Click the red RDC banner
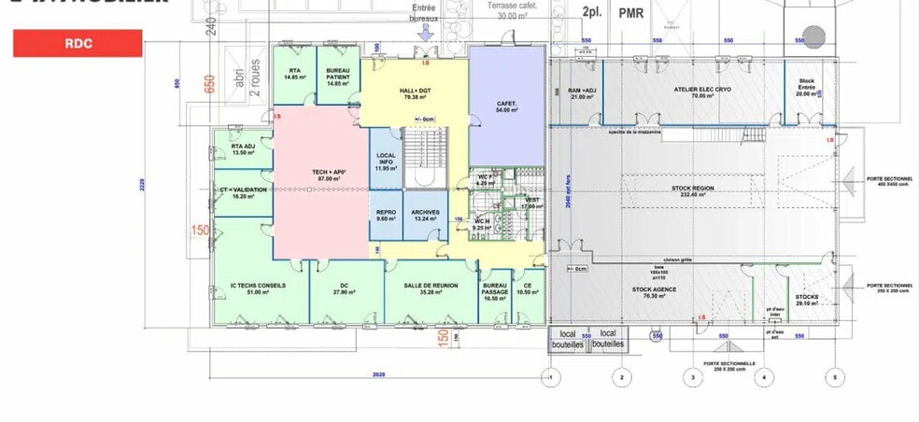(78, 43)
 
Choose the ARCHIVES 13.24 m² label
(425, 215)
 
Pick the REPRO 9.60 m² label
(387, 215)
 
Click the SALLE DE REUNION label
(429, 288)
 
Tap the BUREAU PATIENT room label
(338, 77)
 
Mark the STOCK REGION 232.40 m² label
(692, 190)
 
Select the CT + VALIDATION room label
(243, 192)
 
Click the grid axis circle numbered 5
(835, 377)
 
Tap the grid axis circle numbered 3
(692, 377)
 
